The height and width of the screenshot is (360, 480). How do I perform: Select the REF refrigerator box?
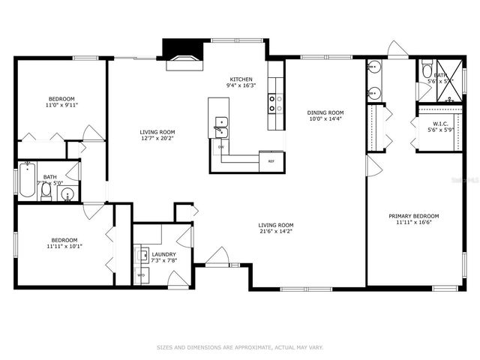tap(271, 161)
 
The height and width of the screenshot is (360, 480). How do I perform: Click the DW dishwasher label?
tap(220, 147)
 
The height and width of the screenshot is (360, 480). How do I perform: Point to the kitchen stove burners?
tap(275, 102)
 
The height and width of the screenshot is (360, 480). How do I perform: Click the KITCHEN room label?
tap(241, 79)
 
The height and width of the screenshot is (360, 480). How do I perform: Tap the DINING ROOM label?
tap(325, 112)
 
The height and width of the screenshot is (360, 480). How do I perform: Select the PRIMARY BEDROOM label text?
tap(413, 216)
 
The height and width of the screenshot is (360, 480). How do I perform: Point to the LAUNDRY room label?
tap(163, 255)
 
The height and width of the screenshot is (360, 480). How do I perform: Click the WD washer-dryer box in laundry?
tap(141, 275)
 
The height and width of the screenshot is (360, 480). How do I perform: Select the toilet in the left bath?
tap(46, 192)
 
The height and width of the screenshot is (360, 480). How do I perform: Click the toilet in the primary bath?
tap(427, 72)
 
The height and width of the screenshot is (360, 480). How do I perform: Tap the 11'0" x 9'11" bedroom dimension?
tap(61, 105)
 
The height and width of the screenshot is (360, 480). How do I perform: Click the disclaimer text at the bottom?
tap(240, 347)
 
